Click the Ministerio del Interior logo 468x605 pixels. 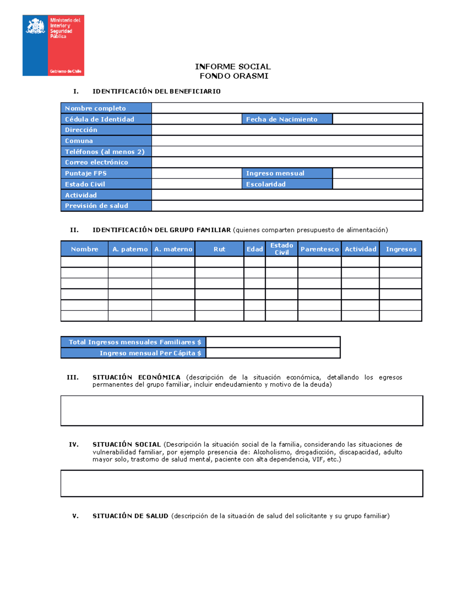point(53,45)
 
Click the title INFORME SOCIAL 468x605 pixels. point(233,67)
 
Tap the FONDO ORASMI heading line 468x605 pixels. point(234,76)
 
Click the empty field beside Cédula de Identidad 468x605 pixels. point(197,119)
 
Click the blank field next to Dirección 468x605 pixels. point(287,130)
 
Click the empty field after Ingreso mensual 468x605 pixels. point(378,173)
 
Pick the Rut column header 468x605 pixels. point(219,249)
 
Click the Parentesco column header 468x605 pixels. point(319,249)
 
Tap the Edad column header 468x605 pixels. point(255,249)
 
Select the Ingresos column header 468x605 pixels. point(401,249)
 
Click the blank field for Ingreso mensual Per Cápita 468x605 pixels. point(273,353)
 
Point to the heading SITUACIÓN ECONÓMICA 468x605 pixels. point(136,377)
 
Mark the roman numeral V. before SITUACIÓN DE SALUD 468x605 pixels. point(75,516)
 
